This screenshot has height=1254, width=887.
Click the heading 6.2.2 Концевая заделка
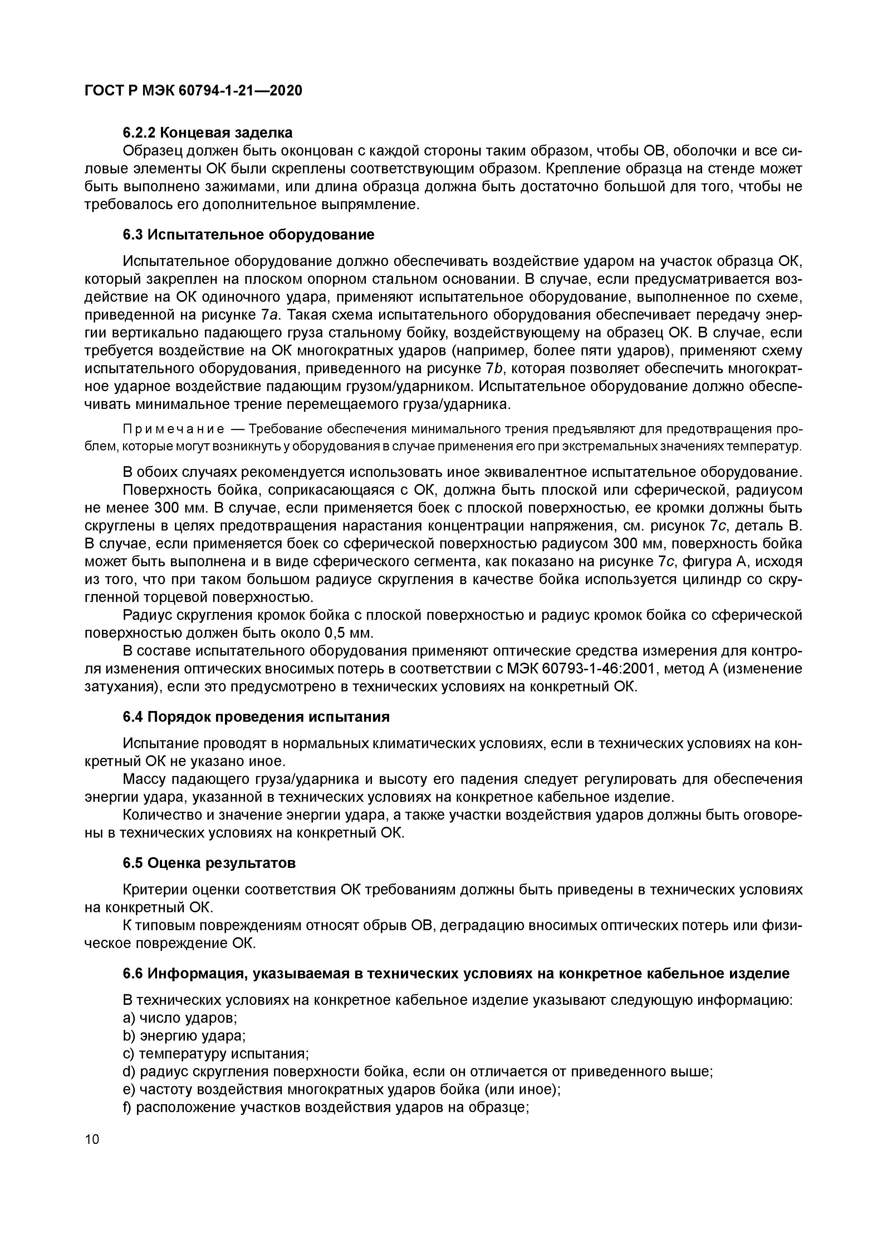click(x=208, y=133)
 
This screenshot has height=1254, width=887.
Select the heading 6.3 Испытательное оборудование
click(x=249, y=235)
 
